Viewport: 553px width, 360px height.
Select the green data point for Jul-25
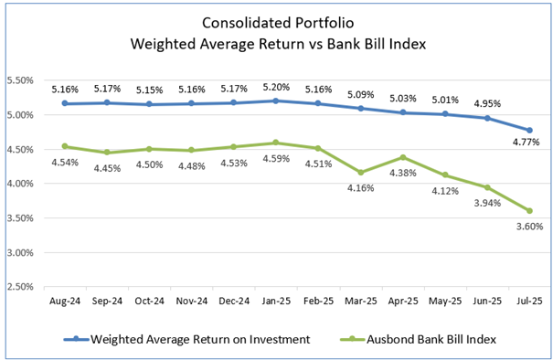pyautogui.click(x=529, y=211)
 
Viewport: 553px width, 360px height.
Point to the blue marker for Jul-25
pyautogui.click(x=529, y=130)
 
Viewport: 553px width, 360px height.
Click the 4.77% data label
pyautogui.click(x=525, y=143)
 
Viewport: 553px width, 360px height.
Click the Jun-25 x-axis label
pyautogui.click(x=488, y=299)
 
